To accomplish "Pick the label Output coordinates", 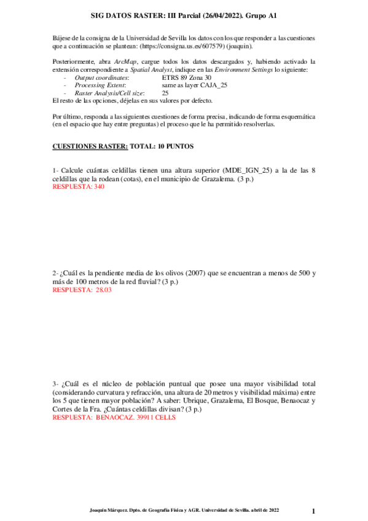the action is point(101,77).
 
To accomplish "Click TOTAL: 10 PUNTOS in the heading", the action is point(162,147).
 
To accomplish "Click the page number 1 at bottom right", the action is point(313,511).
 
